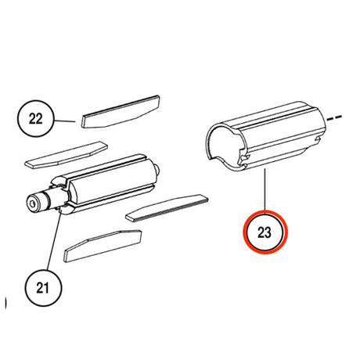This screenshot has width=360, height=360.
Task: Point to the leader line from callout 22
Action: click(64, 121)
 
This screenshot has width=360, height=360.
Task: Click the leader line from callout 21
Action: click(54, 240)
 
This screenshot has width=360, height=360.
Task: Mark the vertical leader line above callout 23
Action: click(265, 189)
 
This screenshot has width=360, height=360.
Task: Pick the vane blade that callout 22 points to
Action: click(121, 112)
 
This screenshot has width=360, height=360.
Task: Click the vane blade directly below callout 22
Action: click(66, 155)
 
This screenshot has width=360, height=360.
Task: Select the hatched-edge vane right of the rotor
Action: click(167, 208)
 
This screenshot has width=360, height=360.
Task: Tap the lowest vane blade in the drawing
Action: click(103, 246)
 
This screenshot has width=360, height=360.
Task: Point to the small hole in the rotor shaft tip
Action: click(33, 203)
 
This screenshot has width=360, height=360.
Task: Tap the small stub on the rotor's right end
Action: click(157, 169)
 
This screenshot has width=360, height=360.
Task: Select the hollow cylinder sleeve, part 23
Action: click(265, 136)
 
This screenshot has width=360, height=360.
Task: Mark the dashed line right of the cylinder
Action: click(334, 118)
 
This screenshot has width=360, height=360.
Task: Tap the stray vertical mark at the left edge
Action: click(5, 303)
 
